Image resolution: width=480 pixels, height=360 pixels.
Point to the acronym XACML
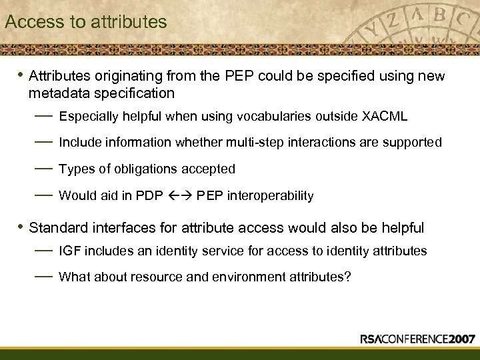(385, 117)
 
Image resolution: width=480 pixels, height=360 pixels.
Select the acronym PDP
(147, 196)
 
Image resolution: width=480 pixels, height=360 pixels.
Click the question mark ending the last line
(347, 277)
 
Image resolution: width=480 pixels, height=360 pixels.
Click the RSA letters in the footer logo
(372, 339)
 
